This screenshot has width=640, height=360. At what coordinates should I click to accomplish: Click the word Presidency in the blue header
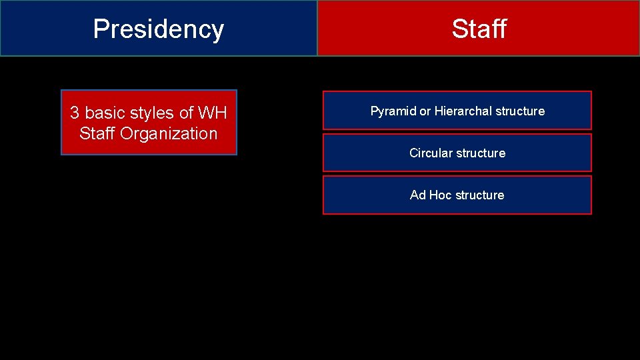[159, 29]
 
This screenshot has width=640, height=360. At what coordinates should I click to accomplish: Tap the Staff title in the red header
[479, 29]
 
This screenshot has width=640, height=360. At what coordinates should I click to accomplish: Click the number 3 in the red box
[75, 113]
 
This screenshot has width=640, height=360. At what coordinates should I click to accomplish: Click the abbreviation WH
[213, 113]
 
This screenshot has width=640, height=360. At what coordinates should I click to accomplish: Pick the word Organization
[169, 133]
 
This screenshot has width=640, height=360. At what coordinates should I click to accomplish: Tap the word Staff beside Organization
[97, 133]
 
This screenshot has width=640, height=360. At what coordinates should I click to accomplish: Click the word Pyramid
[393, 111]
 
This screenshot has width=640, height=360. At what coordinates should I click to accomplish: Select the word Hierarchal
[463, 111]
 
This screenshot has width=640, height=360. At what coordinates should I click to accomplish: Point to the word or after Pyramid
[425, 111]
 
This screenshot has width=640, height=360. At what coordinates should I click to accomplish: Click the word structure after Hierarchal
[520, 111]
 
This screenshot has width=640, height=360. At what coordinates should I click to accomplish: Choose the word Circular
[431, 153]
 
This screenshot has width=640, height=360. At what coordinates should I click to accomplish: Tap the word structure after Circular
[481, 153]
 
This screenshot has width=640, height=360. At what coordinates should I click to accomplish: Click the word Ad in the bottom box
[417, 195]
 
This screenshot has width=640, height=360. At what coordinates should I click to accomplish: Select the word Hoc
[440, 195]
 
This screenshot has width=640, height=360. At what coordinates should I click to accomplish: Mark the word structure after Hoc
[479, 195]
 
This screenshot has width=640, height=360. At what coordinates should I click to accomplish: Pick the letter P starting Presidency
[101, 29]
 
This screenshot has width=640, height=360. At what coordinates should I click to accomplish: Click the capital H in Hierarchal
[439, 111]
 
